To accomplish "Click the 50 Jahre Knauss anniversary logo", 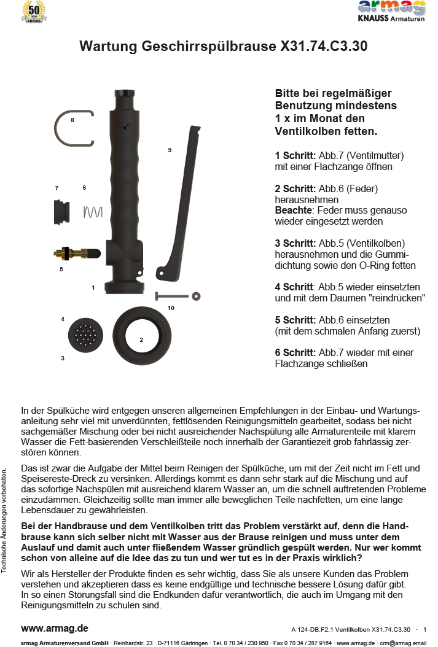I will click(33, 12).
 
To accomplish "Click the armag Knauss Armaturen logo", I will click(391, 11).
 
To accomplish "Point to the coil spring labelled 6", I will click(92, 212).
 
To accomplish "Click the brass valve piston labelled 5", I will click(76, 252).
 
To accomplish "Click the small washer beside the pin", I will click(196, 296).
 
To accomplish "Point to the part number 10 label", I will click(171, 308).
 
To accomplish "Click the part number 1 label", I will click(93, 287).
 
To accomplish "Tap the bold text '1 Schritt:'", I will click(295, 155).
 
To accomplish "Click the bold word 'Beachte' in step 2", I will click(294, 210).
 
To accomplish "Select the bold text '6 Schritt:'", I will click(295, 352).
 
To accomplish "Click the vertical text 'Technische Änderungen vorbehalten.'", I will click(6, 521).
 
